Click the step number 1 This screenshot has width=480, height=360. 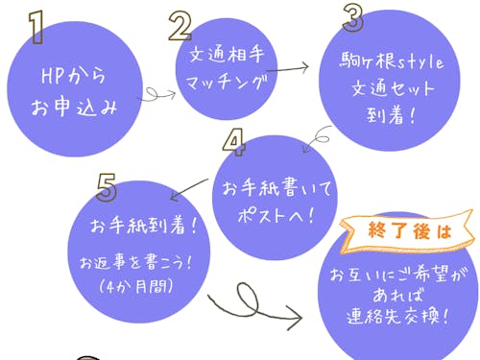pos(36,28)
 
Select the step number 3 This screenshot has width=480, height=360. pos(353,17)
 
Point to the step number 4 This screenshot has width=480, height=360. pos(233,142)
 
